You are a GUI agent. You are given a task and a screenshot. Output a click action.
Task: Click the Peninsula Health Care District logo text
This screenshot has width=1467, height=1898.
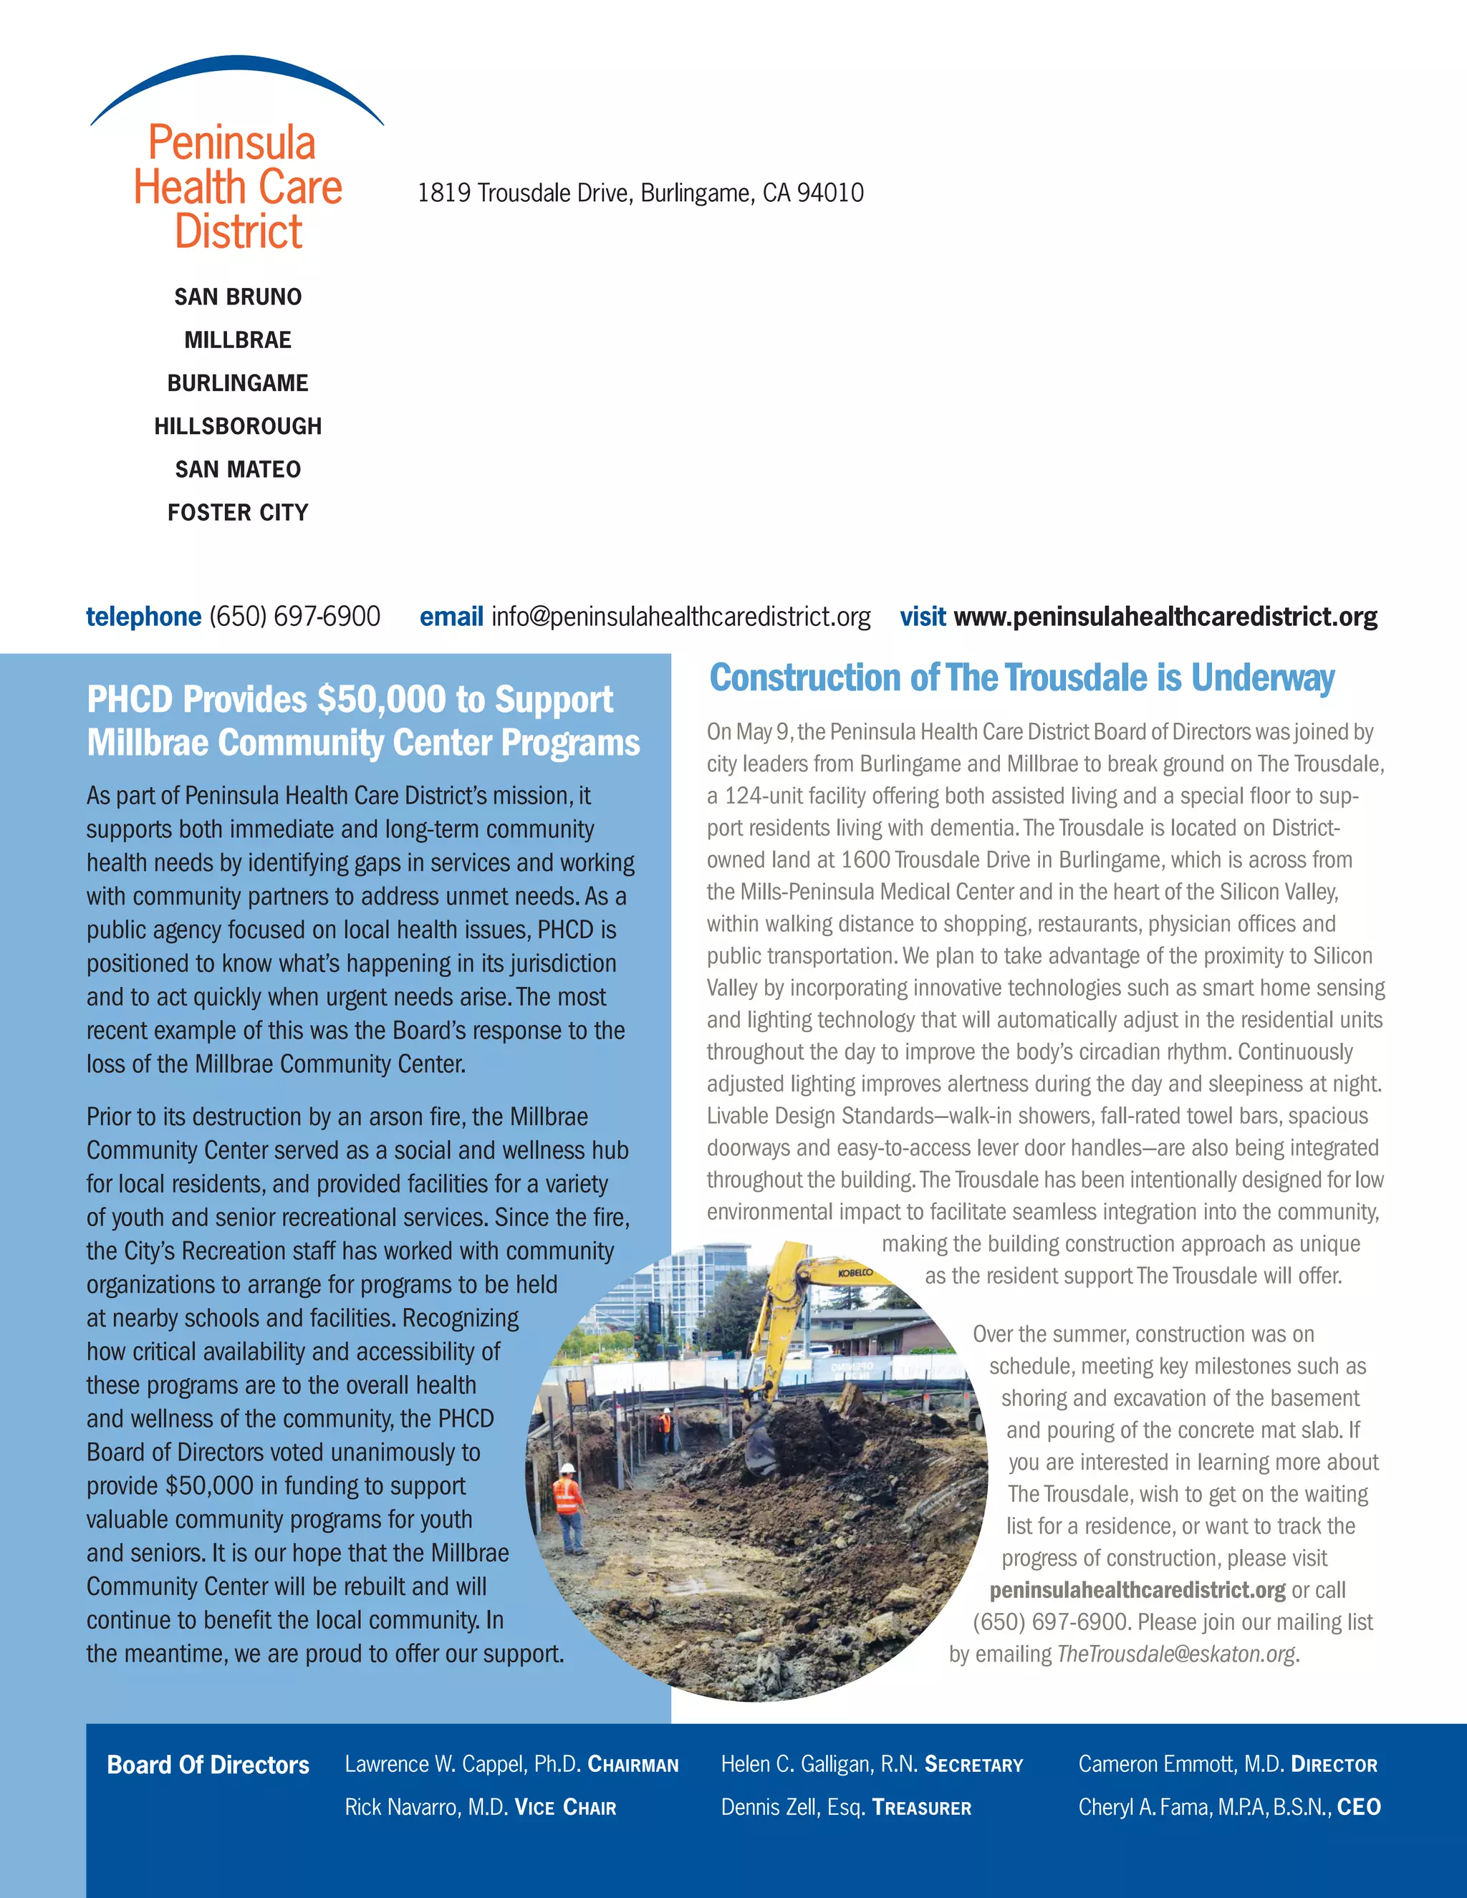click(237, 187)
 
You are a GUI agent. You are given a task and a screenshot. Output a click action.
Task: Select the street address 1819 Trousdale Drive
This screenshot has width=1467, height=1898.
click(640, 193)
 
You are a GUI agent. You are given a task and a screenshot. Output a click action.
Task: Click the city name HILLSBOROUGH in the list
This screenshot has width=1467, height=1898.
click(237, 426)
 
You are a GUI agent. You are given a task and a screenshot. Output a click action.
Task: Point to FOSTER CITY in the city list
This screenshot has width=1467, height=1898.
click(237, 512)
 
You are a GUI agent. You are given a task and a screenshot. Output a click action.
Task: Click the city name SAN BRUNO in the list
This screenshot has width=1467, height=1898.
click(237, 297)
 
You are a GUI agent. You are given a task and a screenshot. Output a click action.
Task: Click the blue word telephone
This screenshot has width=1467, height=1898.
click(143, 616)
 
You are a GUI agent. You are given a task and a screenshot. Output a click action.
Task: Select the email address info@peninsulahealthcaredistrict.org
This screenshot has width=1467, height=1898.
click(680, 616)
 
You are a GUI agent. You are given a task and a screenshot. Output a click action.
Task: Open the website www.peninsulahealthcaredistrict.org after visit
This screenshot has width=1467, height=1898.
click(1165, 616)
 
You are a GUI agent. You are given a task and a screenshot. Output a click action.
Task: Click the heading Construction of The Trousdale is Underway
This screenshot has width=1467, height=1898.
click(1021, 678)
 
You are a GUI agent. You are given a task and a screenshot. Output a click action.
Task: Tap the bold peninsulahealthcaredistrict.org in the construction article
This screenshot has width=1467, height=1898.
click(1137, 1589)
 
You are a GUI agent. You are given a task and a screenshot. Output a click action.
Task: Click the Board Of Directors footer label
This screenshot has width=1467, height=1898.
click(208, 1764)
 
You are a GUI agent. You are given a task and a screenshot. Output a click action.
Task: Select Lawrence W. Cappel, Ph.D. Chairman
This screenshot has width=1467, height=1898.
click(511, 1763)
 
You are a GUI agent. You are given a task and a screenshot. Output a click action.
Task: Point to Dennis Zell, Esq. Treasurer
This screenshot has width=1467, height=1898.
click(846, 1807)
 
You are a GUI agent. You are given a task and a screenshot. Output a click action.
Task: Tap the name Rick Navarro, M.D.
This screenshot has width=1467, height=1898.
click(426, 1807)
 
